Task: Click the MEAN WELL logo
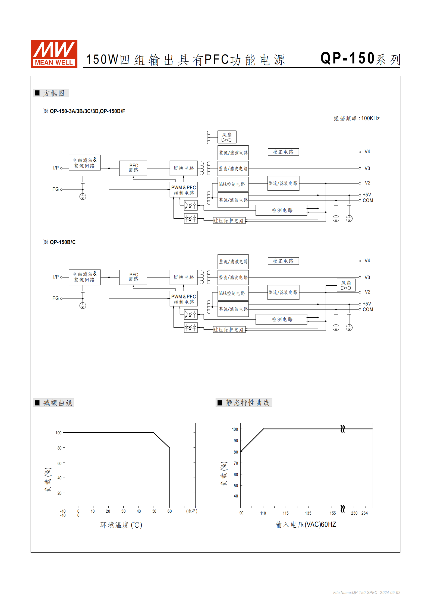coord(54,54)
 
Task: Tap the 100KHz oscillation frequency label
coord(357,119)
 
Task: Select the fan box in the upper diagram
coord(227,137)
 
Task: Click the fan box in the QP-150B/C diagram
coord(346,285)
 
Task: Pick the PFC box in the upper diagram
coord(133,168)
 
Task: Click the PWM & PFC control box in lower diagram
coord(184,299)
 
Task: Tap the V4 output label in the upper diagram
coord(367,152)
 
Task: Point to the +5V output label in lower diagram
coord(367,304)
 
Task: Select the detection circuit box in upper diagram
coord(281,210)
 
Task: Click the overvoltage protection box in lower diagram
coord(229,330)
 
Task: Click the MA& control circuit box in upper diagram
coord(233,184)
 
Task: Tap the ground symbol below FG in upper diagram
coord(83,197)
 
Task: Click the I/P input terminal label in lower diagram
coord(56,277)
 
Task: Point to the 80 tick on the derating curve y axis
coord(59,448)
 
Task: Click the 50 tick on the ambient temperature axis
coord(154,511)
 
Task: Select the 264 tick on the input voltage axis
coord(364,513)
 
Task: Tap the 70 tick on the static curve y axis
coord(236,463)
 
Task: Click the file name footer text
coord(366,592)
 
